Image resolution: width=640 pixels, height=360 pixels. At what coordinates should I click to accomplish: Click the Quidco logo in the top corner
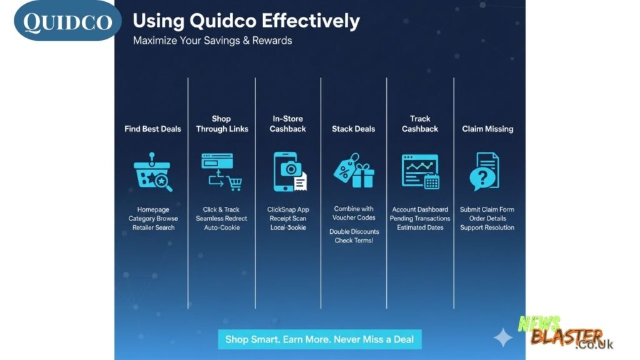point(67,21)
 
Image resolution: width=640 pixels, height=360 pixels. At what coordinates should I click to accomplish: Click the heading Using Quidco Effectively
point(246,21)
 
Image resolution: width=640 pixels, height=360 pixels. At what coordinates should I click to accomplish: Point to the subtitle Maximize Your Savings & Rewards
point(212,41)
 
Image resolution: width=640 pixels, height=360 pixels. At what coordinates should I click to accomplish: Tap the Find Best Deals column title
point(152,129)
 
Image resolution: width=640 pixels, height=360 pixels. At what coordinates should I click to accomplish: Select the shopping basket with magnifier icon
point(152,172)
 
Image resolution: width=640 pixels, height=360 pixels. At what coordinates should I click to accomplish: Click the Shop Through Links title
point(222,124)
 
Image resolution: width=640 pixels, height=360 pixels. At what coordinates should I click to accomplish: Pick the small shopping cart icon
point(235,183)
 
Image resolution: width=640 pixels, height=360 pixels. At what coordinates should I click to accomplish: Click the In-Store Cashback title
point(287,124)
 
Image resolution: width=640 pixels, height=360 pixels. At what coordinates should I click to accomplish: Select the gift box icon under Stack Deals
point(363,176)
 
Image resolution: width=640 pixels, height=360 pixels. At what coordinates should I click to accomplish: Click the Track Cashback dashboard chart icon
point(420,171)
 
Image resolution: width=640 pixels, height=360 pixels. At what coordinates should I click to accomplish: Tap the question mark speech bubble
point(482,179)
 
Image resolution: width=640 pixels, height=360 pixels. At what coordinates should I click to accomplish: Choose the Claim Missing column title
point(487,129)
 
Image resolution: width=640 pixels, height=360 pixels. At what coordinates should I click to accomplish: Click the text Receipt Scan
point(287,218)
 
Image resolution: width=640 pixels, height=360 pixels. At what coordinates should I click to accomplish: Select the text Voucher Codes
point(354,217)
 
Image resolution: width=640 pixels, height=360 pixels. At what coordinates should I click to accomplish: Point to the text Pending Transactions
point(420,218)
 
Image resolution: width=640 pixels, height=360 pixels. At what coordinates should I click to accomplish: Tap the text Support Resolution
point(487,227)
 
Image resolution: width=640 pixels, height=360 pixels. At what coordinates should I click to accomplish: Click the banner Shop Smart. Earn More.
point(319,339)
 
